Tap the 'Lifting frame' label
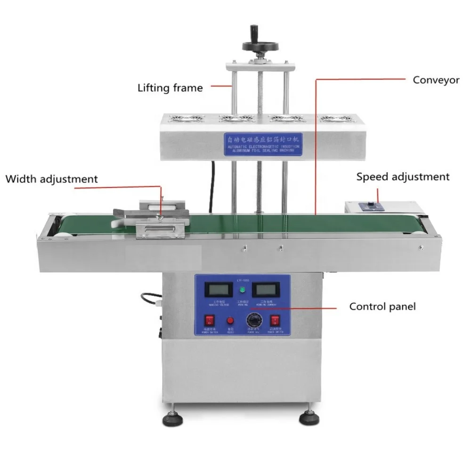(x=170, y=88)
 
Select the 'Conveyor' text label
(x=436, y=80)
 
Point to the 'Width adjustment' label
(x=52, y=179)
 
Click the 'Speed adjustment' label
(x=403, y=177)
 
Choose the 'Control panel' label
(x=382, y=307)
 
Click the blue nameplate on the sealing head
(x=264, y=141)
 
